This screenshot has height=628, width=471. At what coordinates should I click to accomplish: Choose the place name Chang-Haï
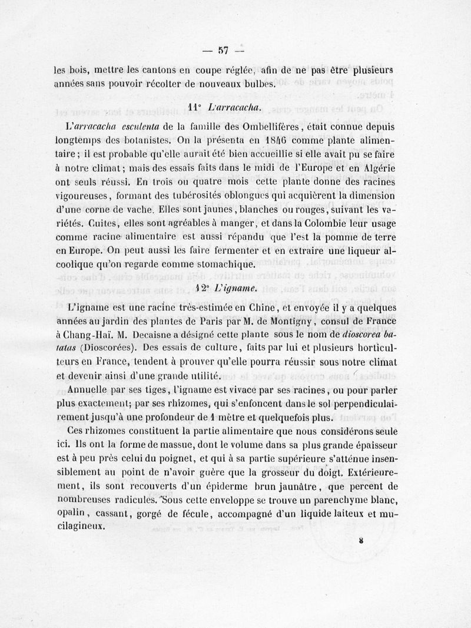point(87,336)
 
